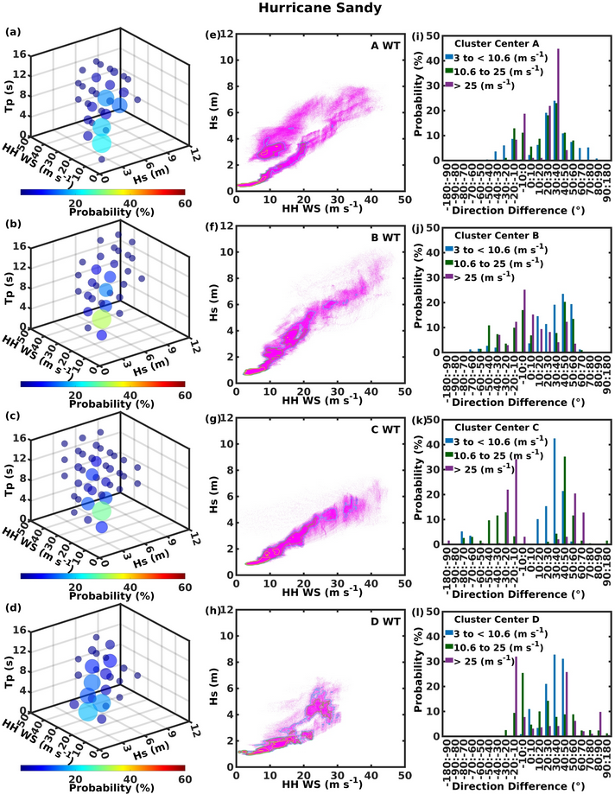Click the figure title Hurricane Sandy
point(307,10)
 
